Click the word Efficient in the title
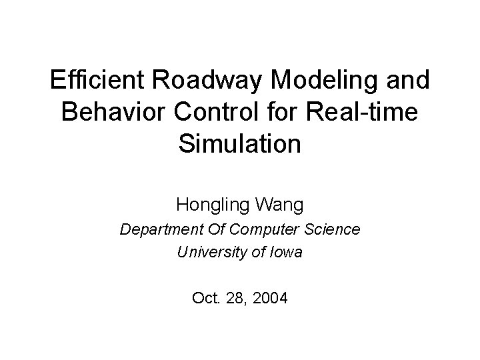coord(94,81)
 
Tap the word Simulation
coord(239,143)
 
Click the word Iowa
coord(287,252)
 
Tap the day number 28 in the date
coord(234,297)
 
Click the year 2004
coord(270,297)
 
